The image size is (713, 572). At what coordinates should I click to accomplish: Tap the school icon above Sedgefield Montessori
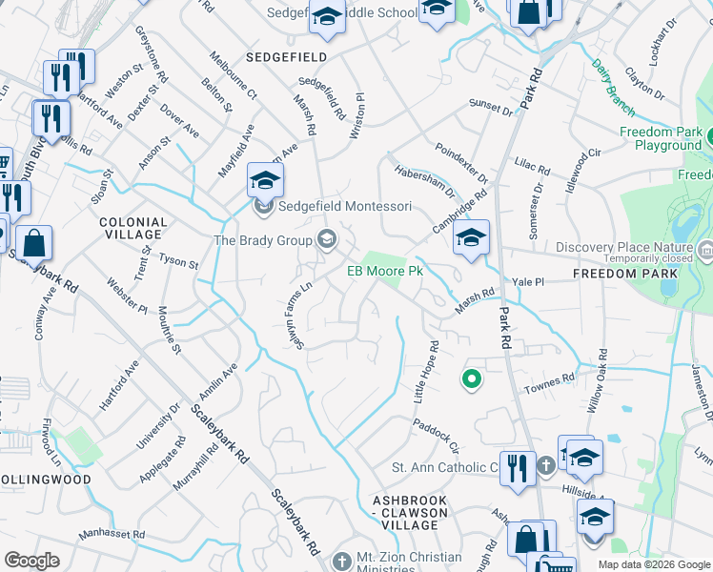point(266,178)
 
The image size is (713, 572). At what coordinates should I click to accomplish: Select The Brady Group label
point(263,240)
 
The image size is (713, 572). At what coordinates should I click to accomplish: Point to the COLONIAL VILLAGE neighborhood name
point(133,228)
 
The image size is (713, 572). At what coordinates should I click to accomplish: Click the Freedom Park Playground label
point(661,138)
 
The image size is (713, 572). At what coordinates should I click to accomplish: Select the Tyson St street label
point(178,262)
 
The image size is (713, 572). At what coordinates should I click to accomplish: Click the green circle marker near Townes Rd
point(470,379)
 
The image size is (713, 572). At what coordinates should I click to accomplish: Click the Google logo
point(32,561)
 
